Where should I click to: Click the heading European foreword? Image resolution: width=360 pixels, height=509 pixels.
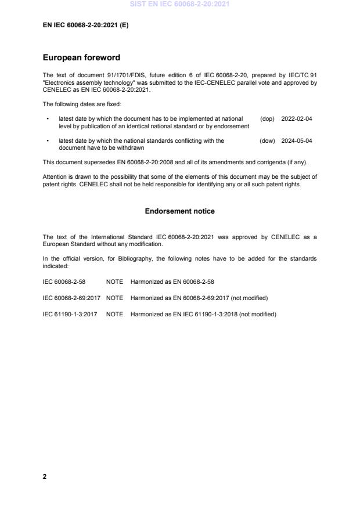[82, 58]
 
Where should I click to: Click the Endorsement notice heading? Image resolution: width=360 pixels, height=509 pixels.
[179, 211]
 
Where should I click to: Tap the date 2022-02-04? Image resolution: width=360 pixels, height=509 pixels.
[296, 118]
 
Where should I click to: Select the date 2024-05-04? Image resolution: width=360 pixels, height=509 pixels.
[296, 140]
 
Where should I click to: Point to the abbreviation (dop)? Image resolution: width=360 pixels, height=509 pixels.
[267, 118]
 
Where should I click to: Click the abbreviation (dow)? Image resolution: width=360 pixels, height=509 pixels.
[267, 140]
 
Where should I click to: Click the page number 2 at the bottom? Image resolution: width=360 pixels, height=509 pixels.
[45, 476]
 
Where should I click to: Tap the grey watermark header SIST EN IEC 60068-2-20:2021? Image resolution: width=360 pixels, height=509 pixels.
[179, 4]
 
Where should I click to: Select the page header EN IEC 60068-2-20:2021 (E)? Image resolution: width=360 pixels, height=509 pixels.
[85, 26]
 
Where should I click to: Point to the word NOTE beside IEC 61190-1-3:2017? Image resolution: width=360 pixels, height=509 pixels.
[114, 314]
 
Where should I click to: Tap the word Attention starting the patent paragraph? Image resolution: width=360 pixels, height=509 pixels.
[56, 176]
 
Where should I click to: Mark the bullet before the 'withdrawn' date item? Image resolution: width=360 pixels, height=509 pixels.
[47, 140]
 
